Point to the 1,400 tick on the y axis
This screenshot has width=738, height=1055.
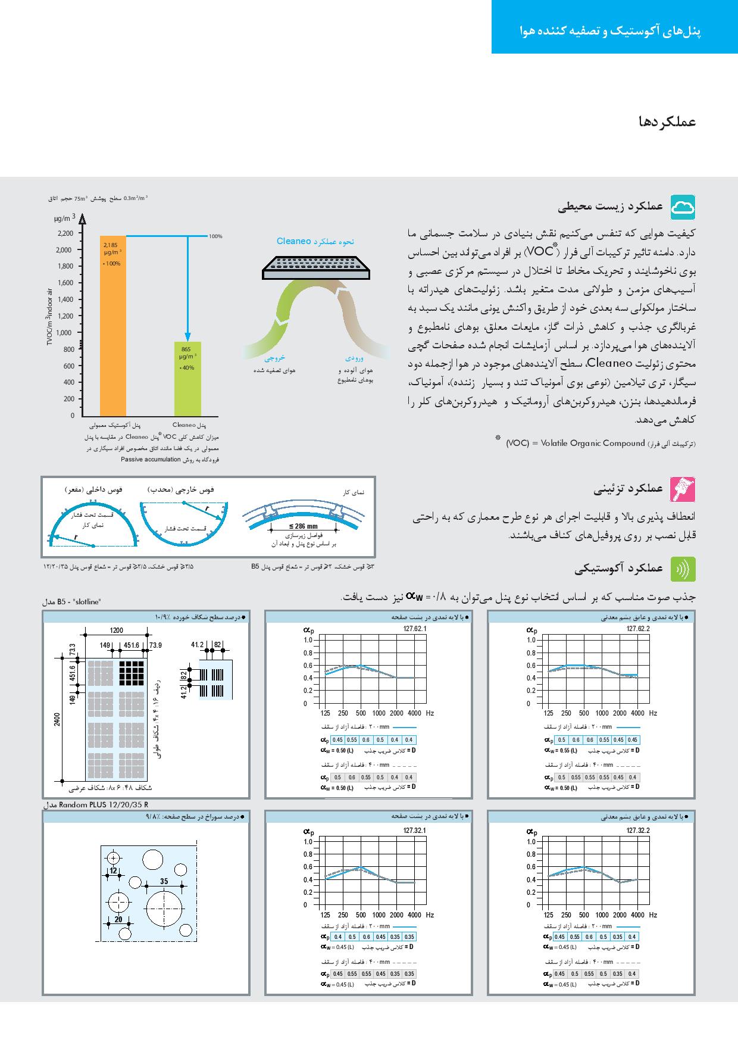coord(65,299)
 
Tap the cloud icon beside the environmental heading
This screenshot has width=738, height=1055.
coord(683,207)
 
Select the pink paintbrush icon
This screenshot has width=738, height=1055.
coord(683,489)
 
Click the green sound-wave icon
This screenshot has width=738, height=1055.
coord(683,569)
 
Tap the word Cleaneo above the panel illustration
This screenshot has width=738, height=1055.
coord(294,241)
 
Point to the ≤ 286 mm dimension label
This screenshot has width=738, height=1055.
coord(304,526)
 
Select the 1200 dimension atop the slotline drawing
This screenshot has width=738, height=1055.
coord(116,630)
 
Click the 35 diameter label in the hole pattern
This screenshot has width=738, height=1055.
coord(164,881)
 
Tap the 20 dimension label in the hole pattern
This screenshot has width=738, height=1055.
coord(118,919)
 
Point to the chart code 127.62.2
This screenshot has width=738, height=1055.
coord(638,629)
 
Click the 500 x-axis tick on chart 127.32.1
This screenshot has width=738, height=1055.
coord(361,915)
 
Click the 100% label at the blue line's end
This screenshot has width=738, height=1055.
coord(215,236)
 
